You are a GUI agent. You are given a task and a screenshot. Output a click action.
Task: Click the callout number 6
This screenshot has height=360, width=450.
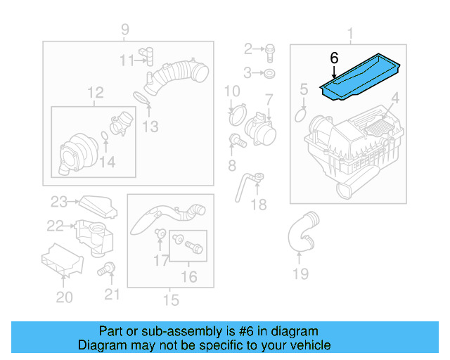coord(334,57)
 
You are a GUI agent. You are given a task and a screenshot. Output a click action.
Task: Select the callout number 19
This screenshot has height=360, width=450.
coord(300,274)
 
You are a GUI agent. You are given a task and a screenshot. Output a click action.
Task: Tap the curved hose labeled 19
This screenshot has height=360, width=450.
coord(299,232)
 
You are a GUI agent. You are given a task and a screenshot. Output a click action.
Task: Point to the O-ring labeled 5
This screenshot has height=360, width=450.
coord(302,112)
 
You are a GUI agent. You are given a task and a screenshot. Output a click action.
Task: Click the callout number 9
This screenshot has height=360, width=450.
coord(124,30)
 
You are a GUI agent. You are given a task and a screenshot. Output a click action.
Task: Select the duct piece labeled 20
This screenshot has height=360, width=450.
coord(62,262)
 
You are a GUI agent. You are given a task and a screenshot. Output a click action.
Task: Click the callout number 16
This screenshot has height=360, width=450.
coord(189,277)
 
